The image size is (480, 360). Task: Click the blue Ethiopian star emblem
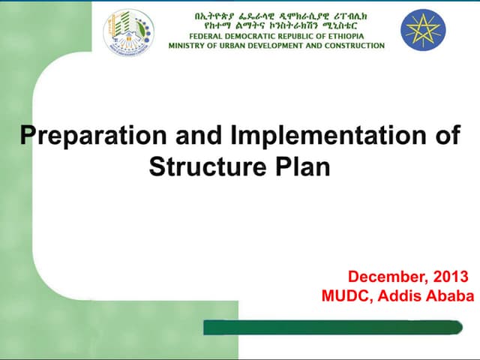coord(423,29)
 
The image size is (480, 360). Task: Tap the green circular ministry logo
coord(128,32)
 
